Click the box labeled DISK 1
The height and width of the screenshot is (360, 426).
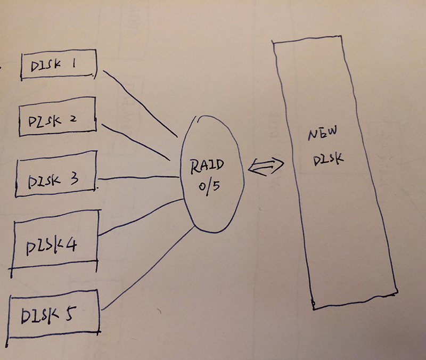point(58,65)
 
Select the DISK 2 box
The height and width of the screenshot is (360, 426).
point(57,118)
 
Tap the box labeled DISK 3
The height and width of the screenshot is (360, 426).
point(56,178)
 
